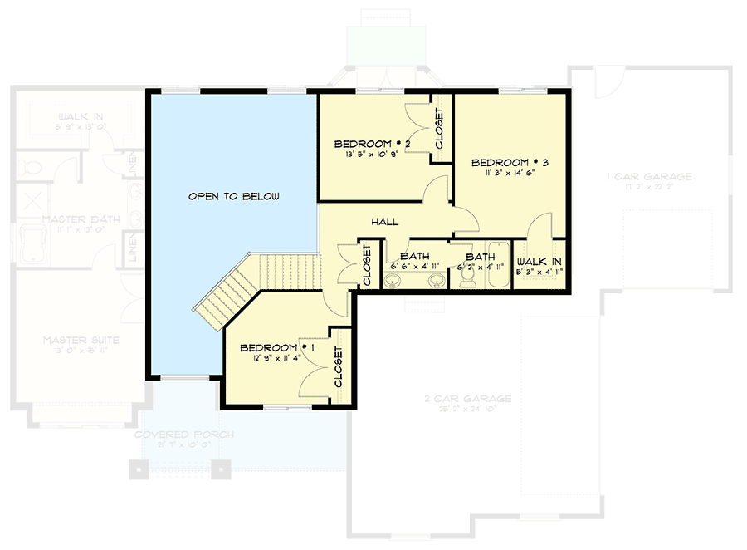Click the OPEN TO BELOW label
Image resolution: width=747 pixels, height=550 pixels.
coord(233,197)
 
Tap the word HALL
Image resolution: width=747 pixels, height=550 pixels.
coord(385,222)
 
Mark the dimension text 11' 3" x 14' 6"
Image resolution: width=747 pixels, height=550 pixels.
coord(502,174)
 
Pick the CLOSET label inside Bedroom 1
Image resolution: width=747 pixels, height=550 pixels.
coord(339,366)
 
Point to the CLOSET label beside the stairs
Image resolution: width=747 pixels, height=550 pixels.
coord(366,266)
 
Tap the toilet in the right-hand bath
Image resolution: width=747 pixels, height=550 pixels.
coord(467,280)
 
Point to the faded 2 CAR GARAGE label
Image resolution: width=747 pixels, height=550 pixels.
coord(467,399)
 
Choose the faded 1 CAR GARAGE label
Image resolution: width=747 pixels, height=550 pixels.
coord(649,177)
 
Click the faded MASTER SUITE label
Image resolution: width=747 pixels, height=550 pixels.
coord(81,340)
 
